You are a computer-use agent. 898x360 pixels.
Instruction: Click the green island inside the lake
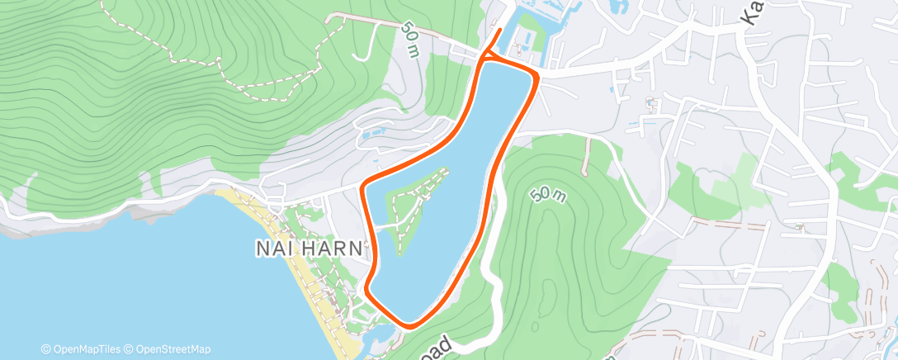tap(406, 211)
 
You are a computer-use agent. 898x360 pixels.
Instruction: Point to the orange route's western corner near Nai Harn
tap(365, 185)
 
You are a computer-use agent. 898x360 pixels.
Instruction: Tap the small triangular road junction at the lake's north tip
tap(486, 57)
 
